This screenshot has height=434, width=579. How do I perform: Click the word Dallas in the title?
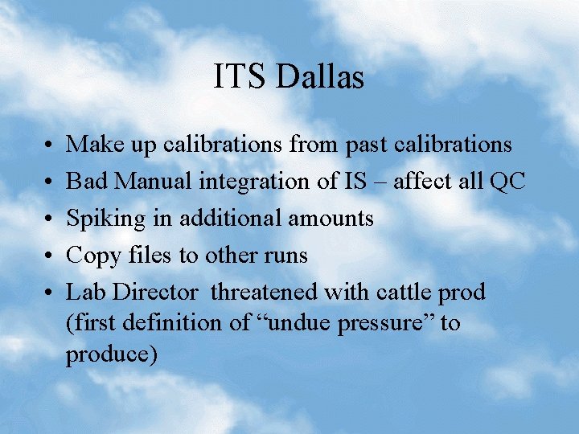click(320, 77)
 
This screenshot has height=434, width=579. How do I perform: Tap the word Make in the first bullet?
click(90, 145)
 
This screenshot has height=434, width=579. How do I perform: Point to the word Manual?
click(154, 182)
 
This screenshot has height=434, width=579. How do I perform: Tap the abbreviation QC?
click(507, 182)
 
